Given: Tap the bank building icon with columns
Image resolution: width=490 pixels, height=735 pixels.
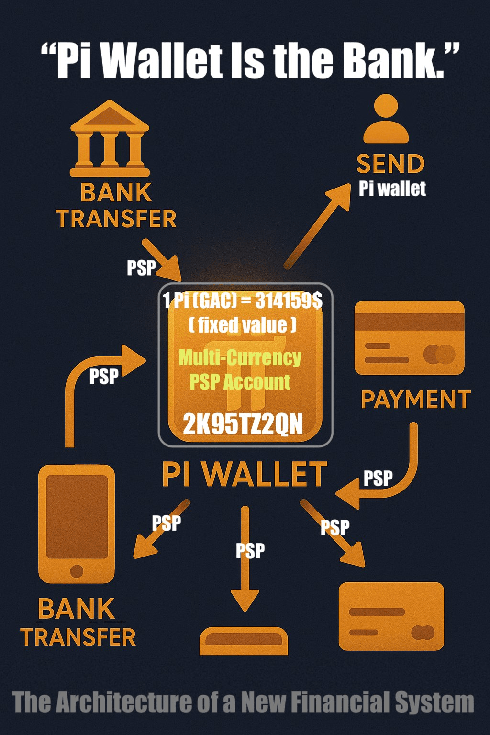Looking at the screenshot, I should (x=110, y=139).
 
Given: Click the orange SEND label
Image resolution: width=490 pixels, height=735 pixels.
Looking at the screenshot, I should (x=390, y=164).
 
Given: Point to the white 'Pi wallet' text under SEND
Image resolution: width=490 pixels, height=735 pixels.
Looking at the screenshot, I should (x=392, y=189).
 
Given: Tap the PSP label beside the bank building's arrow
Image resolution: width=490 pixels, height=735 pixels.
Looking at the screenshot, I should (x=141, y=267).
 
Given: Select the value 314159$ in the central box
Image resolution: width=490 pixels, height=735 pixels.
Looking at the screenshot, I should (x=289, y=301).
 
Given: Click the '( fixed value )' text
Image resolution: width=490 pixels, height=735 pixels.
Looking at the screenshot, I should (x=242, y=325).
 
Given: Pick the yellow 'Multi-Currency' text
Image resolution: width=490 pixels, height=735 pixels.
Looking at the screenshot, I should (x=240, y=357).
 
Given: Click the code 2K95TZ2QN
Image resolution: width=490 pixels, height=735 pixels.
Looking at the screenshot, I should (x=243, y=424).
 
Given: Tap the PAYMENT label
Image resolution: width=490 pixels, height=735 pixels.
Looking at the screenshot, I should (x=415, y=400).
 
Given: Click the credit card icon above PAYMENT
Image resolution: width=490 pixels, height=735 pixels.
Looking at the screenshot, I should (x=409, y=338).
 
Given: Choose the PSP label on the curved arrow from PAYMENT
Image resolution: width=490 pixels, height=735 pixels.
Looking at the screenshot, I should (x=378, y=478).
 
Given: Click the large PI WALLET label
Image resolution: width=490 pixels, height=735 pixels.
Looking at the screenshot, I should (x=245, y=475).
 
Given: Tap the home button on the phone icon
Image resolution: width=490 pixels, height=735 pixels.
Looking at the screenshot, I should (x=77, y=571).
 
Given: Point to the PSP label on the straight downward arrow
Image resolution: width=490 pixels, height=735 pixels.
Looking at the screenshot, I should (x=250, y=551).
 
